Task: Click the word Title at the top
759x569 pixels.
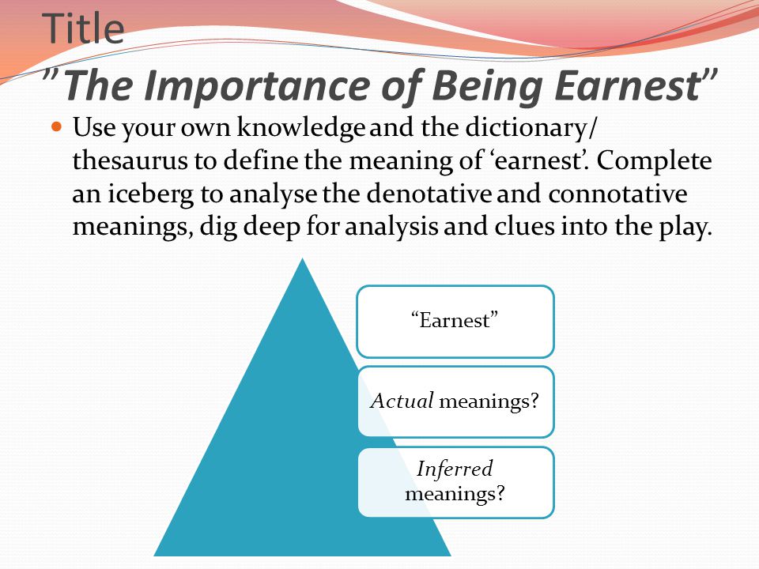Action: click(x=83, y=28)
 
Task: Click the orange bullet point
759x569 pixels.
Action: click(x=57, y=126)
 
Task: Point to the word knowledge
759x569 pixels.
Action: click(x=300, y=128)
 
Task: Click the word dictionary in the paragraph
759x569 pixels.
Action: click(x=526, y=128)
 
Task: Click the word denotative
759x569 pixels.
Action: click(x=429, y=194)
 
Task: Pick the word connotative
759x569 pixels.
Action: click(x=617, y=194)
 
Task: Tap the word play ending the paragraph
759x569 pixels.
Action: click(x=685, y=228)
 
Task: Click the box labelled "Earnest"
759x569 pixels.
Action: click(x=455, y=322)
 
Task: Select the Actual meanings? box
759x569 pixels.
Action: click(x=455, y=402)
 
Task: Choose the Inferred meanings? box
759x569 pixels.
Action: click(x=455, y=482)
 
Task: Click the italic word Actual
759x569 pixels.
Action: click(x=402, y=401)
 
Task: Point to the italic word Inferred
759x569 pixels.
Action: click(x=455, y=469)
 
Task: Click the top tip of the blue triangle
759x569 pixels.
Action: click(x=303, y=259)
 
